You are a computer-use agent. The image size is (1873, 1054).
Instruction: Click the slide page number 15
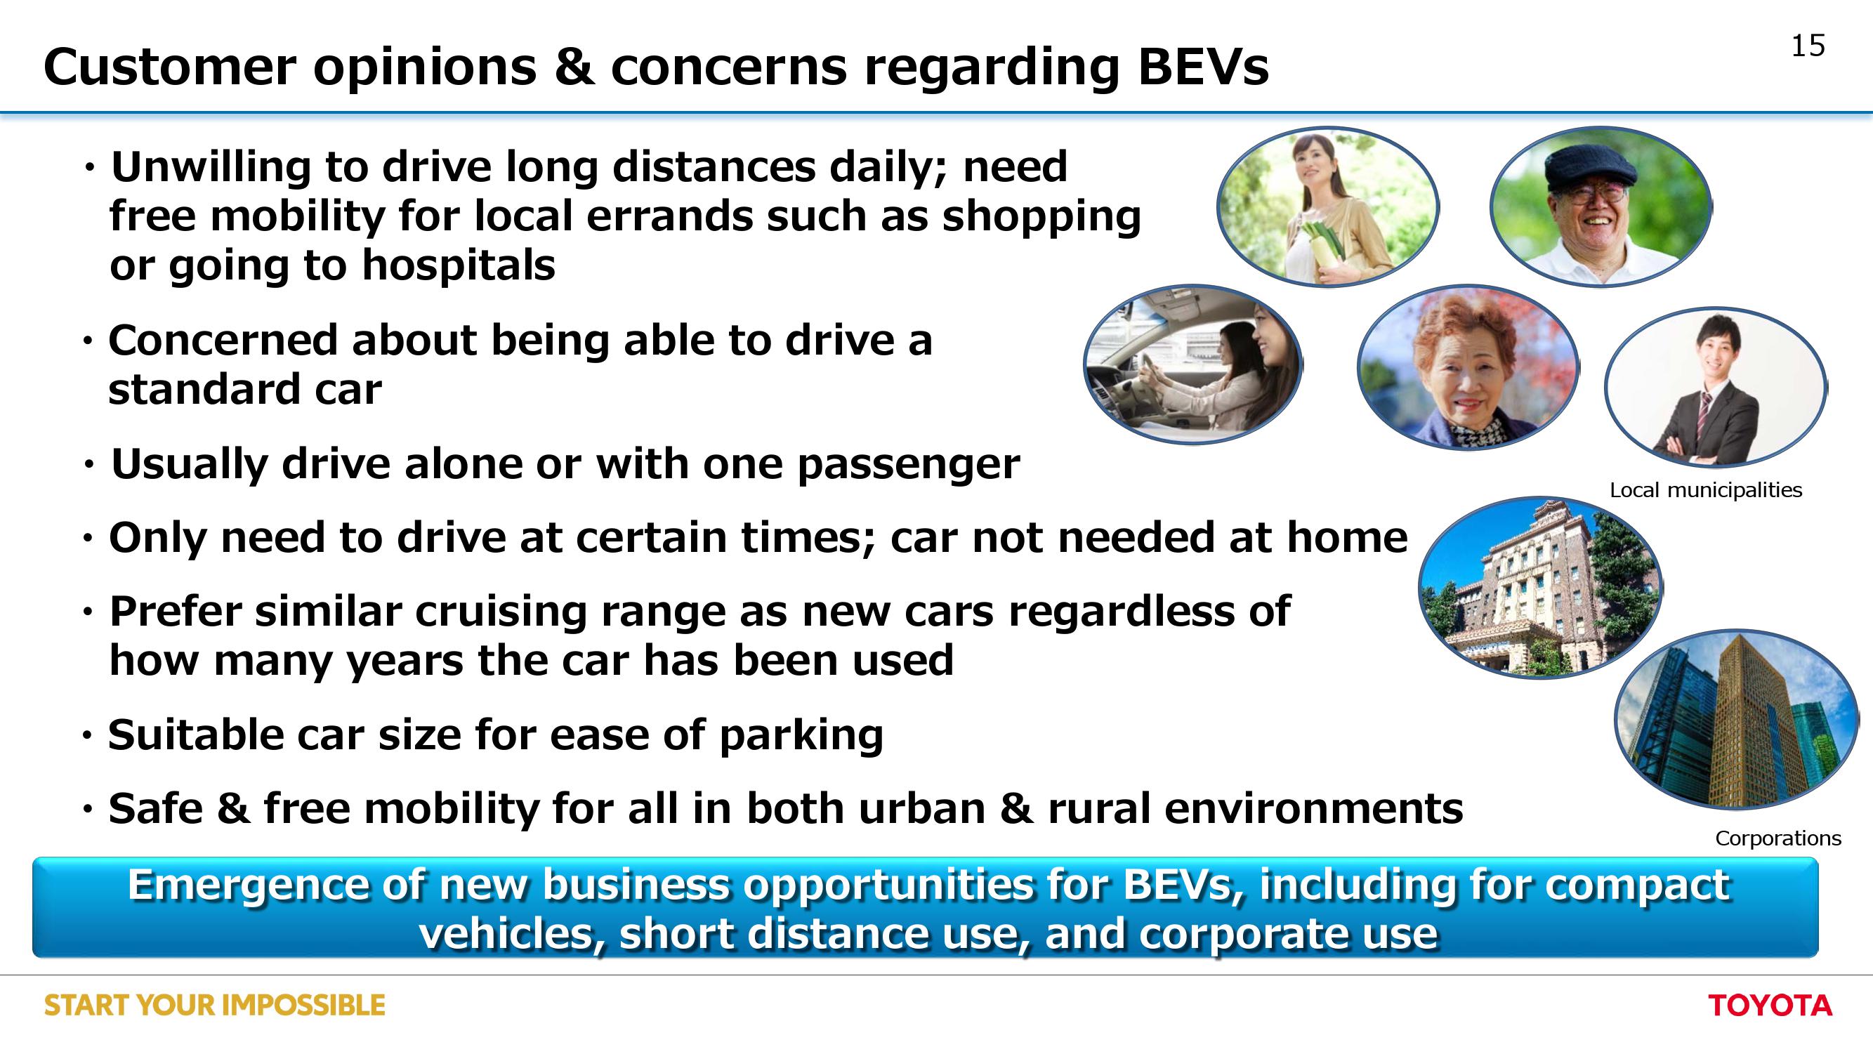tap(1808, 46)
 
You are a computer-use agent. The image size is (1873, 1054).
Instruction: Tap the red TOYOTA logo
tap(1770, 1006)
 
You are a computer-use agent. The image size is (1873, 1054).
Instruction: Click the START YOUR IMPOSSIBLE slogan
tap(214, 1006)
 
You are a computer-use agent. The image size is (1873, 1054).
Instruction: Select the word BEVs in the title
tap(1203, 67)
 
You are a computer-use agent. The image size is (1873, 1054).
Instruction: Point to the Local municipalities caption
tap(1706, 490)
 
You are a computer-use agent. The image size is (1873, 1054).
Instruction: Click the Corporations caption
tap(1777, 838)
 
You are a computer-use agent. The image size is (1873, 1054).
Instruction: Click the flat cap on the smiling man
tap(1590, 166)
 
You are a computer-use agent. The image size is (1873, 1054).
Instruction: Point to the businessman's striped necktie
tap(1703, 411)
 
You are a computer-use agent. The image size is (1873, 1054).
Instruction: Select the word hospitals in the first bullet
tap(458, 265)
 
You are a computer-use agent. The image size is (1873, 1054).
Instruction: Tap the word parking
tap(801, 736)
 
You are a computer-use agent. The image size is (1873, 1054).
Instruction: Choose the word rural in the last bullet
tap(1098, 808)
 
